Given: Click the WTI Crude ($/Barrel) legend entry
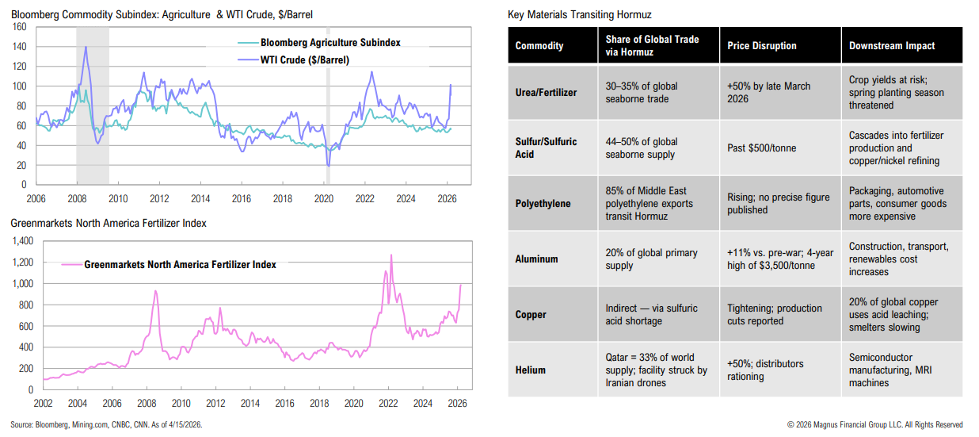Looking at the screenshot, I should [x=304, y=59].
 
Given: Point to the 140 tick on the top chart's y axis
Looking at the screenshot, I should [x=21, y=47].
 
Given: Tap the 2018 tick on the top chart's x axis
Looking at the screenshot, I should [x=283, y=198].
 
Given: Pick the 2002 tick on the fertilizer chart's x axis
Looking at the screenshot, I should [x=43, y=403].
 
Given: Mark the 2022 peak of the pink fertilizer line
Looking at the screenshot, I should [x=390, y=255].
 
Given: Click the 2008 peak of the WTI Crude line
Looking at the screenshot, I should [x=86, y=48].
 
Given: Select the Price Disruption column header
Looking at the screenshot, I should [x=762, y=45].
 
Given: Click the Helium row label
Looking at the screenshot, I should [x=531, y=370].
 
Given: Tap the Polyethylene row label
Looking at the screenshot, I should [x=543, y=204].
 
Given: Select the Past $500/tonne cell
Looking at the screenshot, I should [x=763, y=148].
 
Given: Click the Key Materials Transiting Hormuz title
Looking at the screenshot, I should [x=579, y=15].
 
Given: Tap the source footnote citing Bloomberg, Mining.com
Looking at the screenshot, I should [x=107, y=425].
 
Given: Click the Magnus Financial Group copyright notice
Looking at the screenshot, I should [x=874, y=425].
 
